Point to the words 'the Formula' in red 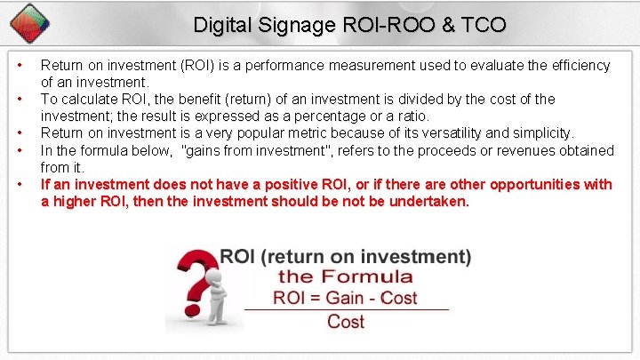pyautogui.click(x=345, y=276)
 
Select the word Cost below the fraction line pyautogui.click(x=346, y=321)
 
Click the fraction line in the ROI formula pyautogui.click(x=346, y=309)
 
